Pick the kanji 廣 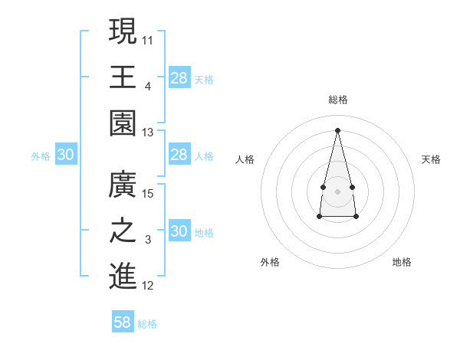coord(123,185)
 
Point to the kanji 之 coord(123,232)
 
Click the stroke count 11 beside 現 coord(148,39)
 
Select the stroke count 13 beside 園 coord(148,133)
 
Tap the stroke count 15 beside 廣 coord(148,194)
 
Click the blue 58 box coord(123,322)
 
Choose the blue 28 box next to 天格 coord(179,77)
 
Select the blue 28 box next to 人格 coord(179,155)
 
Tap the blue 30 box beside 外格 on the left coord(66,155)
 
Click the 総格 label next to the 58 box coord(147,324)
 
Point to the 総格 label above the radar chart coord(337,100)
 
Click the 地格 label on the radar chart coord(402,262)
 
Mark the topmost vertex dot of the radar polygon coord(337,129)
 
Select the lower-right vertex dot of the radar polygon coord(356,217)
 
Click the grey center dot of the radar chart coord(337,191)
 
